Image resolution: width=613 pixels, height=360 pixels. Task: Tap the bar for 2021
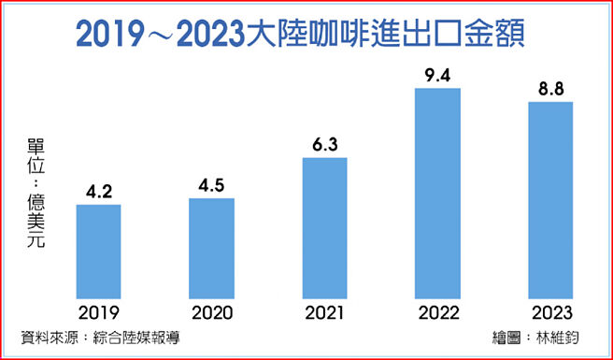[x=324, y=227]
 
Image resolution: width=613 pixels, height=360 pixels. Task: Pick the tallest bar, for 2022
[x=437, y=193]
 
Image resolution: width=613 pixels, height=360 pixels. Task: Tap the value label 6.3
[x=324, y=145]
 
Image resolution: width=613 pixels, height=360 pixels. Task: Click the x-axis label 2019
[x=98, y=312]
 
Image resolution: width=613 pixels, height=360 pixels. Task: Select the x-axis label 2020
[x=211, y=312]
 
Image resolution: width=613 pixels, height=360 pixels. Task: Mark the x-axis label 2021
[x=324, y=312]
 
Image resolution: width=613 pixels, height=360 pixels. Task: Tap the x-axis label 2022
[x=437, y=312]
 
